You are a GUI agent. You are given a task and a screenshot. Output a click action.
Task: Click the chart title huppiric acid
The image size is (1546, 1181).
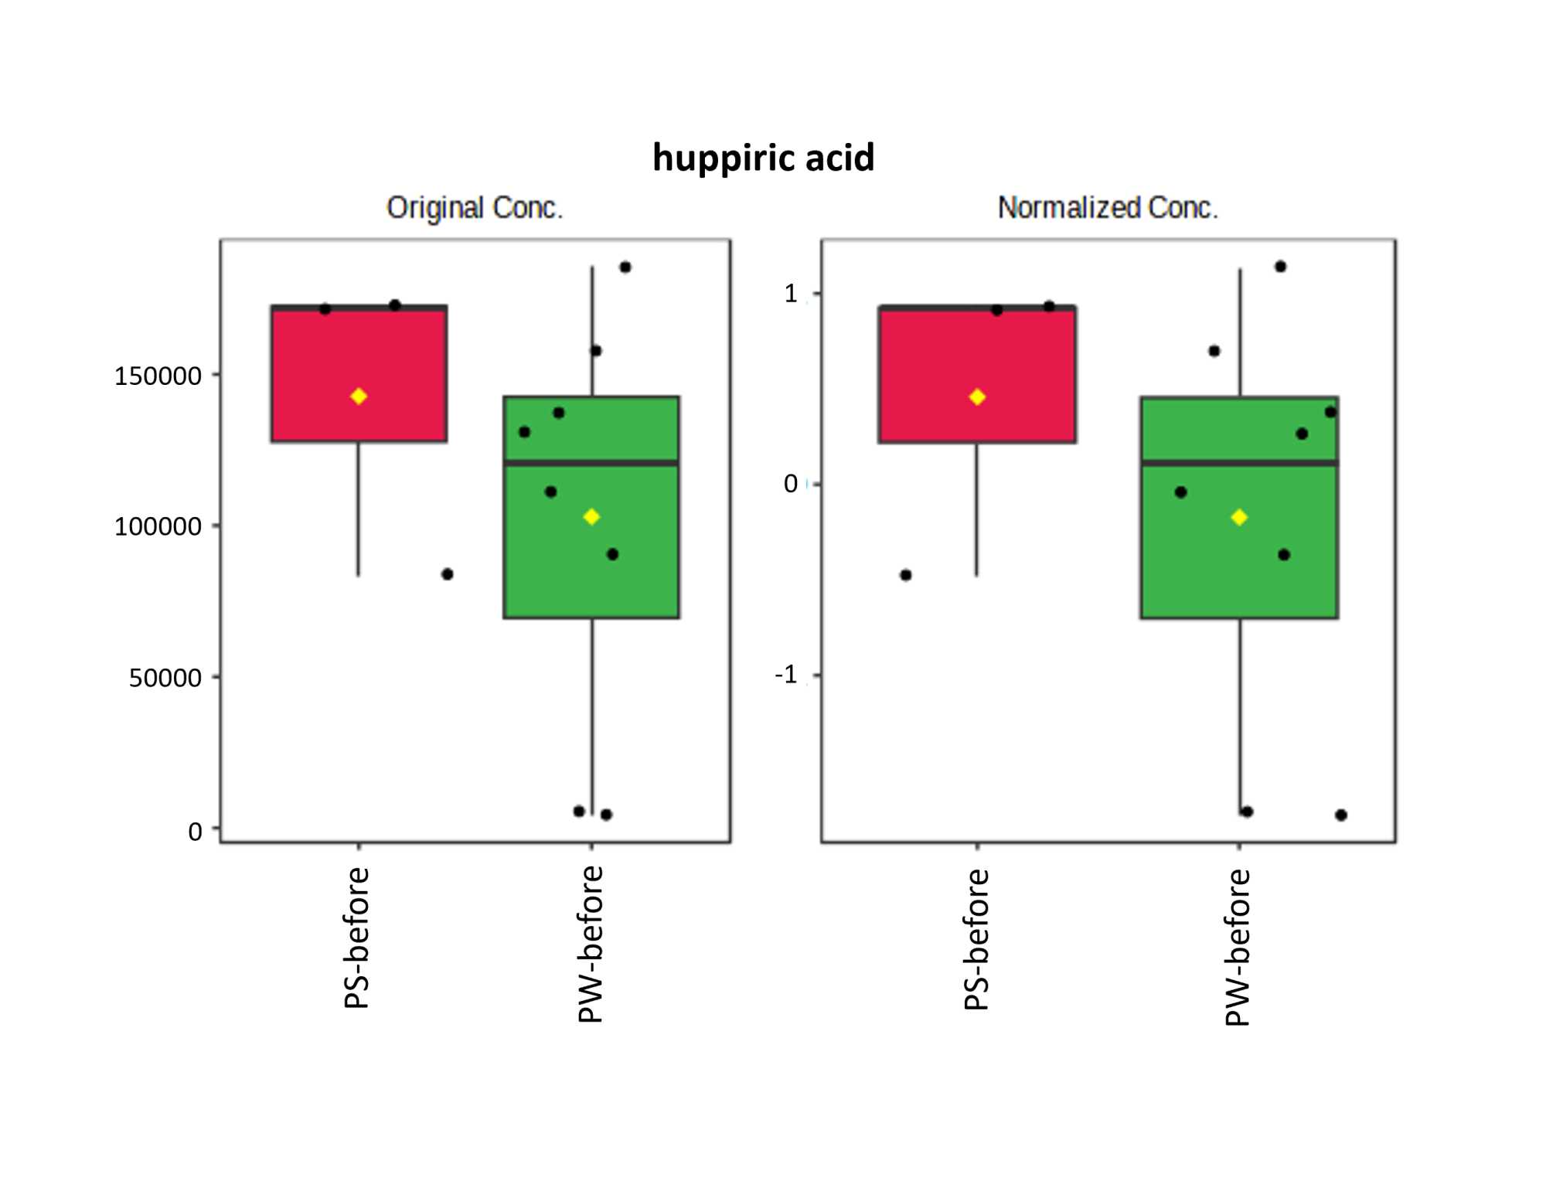tap(763, 158)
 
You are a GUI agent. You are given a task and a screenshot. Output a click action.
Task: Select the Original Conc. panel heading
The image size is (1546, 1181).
tap(475, 208)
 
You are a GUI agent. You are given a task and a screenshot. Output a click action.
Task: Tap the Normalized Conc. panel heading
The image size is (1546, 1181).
tap(1107, 208)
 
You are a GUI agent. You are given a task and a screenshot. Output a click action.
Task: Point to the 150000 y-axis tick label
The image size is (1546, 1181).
tap(158, 377)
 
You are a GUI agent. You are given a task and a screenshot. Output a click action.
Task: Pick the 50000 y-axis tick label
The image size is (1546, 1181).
tap(165, 679)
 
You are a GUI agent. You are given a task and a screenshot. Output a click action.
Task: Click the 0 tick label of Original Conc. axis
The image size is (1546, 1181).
tap(195, 832)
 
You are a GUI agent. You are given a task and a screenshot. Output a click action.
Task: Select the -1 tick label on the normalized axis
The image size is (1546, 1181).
tap(785, 676)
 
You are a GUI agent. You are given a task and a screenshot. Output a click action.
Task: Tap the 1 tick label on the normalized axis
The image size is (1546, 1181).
tap(790, 294)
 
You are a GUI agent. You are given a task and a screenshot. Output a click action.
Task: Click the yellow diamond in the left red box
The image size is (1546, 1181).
tap(358, 397)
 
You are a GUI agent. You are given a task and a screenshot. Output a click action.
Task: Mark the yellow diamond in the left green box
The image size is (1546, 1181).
tap(591, 517)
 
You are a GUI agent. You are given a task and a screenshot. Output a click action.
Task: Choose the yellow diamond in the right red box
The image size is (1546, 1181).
tap(977, 397)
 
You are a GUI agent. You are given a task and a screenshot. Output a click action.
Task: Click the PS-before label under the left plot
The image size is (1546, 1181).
tap(356, 938)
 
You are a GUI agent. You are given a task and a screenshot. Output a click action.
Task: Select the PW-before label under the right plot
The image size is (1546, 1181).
tap(1238, 948)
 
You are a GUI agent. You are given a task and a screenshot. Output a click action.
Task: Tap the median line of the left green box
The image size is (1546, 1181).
tap(591, 463)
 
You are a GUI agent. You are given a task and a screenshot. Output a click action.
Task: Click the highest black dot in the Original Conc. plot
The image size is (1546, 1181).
tap(625, 267)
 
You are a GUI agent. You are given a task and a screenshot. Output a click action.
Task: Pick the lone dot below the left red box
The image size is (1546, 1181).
tap(447, 574)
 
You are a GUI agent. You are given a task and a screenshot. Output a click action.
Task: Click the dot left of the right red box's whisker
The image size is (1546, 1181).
tap(906, 575)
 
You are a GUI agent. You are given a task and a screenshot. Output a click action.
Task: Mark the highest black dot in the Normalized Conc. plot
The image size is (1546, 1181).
tap(1280, 267)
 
